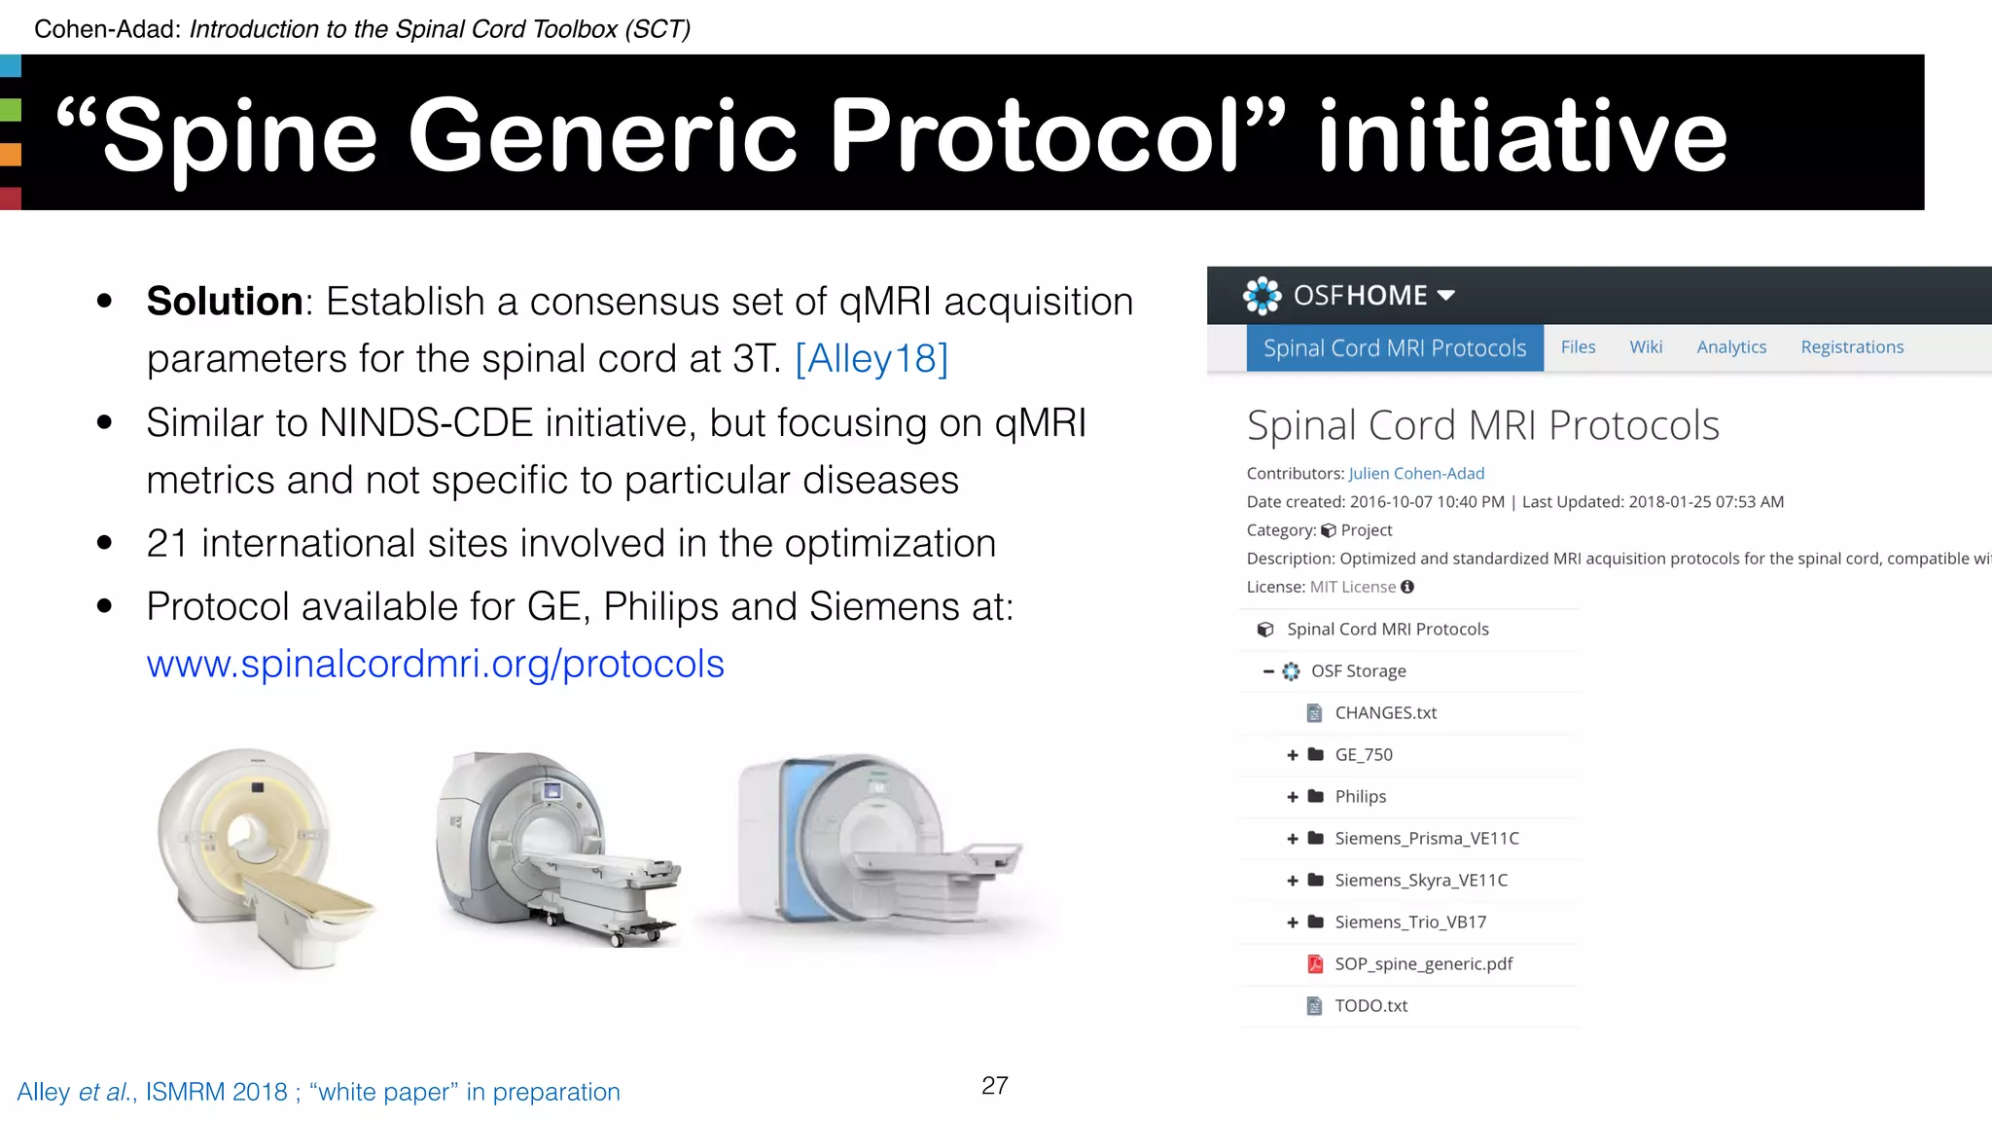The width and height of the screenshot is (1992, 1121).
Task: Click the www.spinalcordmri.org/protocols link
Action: tap(435, 665)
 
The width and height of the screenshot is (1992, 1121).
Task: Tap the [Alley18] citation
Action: tap(871, 359)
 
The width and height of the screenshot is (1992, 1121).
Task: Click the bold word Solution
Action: tap(225, 302)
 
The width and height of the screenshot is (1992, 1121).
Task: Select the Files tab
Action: tap(1578, 347)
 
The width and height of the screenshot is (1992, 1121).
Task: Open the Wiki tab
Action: tap(1646, 347)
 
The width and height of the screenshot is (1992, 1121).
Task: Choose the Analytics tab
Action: tap(1731, 347)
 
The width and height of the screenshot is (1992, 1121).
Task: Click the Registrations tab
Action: tap(1852, 347)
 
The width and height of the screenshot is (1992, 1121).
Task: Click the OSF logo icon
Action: tap(1262, 296)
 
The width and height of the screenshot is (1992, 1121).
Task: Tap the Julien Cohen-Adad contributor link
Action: tap(1416, 474)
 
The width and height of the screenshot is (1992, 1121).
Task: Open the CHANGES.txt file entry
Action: tap(1385, 713)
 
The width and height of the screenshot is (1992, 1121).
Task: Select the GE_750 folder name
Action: tap(1364, 755)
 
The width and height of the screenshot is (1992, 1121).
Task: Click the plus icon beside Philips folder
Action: tap(1293, 797)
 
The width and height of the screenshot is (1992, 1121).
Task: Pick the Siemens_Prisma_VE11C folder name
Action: tap(1426, 839)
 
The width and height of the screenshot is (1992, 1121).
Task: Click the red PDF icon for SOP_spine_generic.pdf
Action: tap(1315, 964)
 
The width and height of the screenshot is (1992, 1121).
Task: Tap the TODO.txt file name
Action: tap(1370, 1006)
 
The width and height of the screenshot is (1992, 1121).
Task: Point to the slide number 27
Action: tap(994, 1086)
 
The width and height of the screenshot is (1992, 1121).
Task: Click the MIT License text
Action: tap(1352, 588)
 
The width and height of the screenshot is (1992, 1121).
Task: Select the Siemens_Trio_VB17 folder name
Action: tap(1410, 922)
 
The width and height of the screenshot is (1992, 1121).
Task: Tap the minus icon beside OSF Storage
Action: tap(1268, 671)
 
